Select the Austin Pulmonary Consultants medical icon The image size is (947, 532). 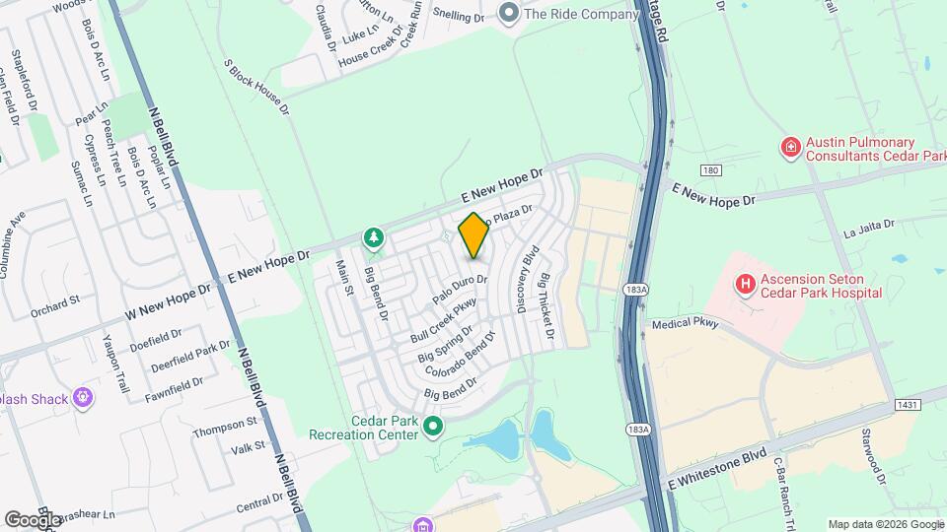tap(790, 149)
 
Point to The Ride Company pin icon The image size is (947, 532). tap(509, 14)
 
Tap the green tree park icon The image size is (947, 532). tap(374, 237)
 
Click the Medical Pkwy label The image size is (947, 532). tap(686, 323)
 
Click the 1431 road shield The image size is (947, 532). tap(908, 405)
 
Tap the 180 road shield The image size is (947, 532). tap(712, 171)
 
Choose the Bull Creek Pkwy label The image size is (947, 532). tap(443, 320)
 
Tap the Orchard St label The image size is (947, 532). tap(54, 312)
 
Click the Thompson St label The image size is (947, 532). tap(225, 427)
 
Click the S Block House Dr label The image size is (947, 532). tap(256, 88)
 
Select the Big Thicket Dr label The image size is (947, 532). tap(546, 308)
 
